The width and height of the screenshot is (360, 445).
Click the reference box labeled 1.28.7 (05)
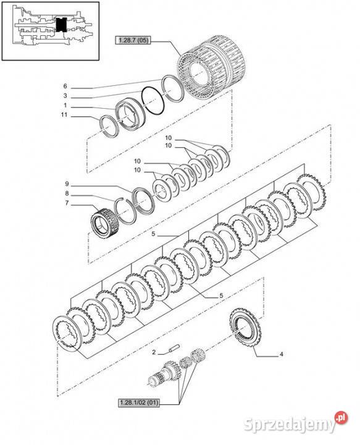[133, 40]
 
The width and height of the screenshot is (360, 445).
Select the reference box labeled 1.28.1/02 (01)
[139, 403]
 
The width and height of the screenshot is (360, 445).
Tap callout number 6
[65, 87]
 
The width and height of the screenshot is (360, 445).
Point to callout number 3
[65, 96]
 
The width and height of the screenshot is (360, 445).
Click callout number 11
[64, 115]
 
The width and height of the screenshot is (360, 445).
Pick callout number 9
[67, 184]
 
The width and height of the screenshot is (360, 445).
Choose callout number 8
[67, 193]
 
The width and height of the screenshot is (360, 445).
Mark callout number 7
[67, 203]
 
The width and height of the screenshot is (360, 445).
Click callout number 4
[281, 354]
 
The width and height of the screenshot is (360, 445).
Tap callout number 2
[154, 352]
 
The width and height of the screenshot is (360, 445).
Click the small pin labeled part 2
[174, 348]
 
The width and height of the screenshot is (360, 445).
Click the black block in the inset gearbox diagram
[61, 24]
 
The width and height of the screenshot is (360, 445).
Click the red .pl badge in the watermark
[341, 418]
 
